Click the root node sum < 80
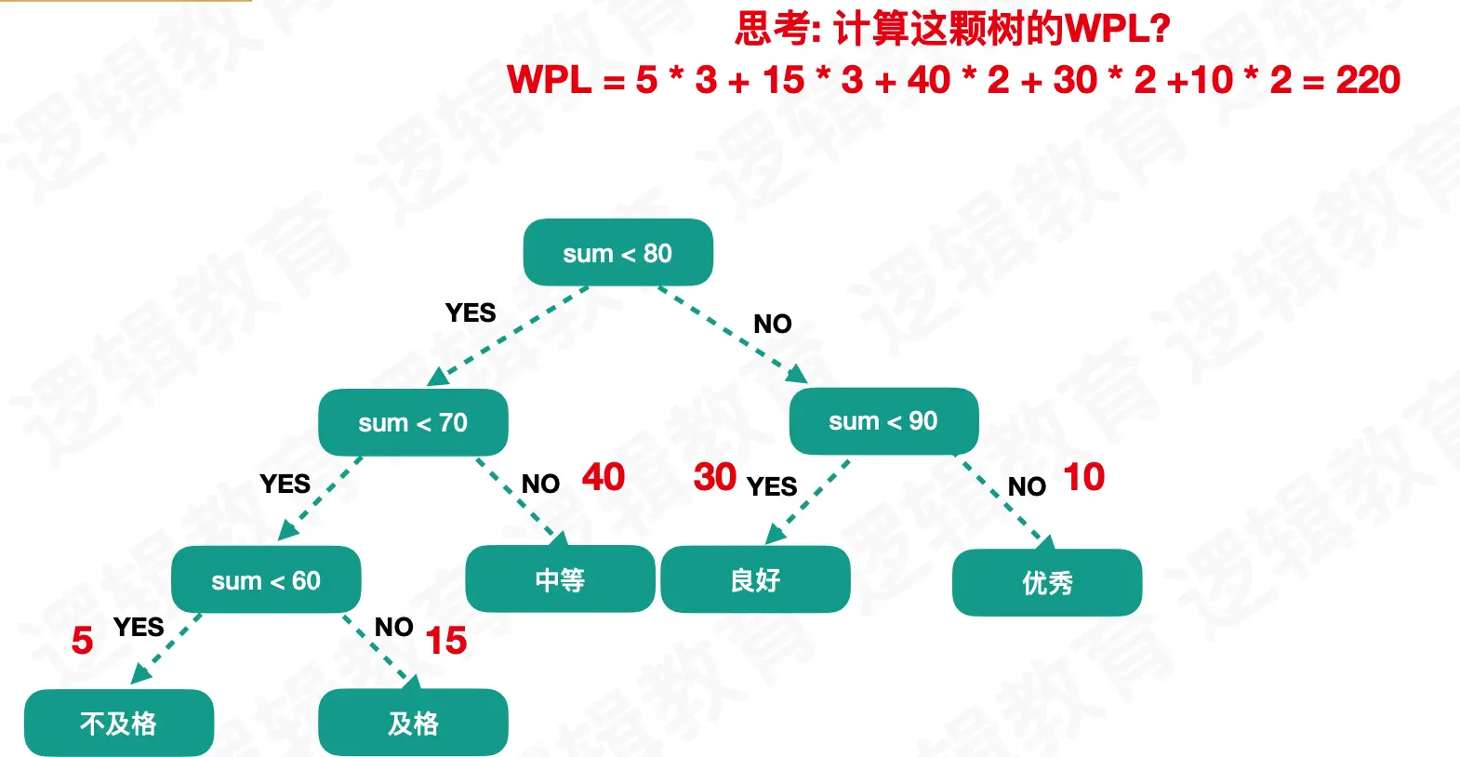[x=617, y=252]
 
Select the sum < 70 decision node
[x=413, y=422]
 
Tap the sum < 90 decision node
[x=883, y=420]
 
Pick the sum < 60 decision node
[x=266, y=580]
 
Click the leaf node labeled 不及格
[x=119, y=723]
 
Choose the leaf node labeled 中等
[x=560, y=578]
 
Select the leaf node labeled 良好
[x=755, y=579]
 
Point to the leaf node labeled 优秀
[x=1047, y=582]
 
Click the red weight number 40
[x=603, y=477]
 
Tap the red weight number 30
[x=715, y=477]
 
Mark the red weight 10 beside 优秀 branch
[x=1083, y=477]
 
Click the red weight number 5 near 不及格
[x=82, y=640]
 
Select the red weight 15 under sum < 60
[x=445, y=640]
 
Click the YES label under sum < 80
[x=471, y=312]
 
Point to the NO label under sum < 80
[x=772, y=324]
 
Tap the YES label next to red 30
[x=772, y=486]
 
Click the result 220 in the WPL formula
[x=1368, y=80]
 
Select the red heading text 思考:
[x=777, y=29]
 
